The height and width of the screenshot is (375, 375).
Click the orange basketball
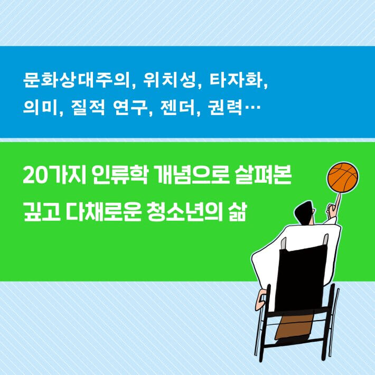pos(343,178)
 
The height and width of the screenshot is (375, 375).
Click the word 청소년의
pos(183,203)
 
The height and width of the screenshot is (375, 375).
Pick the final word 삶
pos(237,203)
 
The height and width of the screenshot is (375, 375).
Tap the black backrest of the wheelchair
pos(301,275)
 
